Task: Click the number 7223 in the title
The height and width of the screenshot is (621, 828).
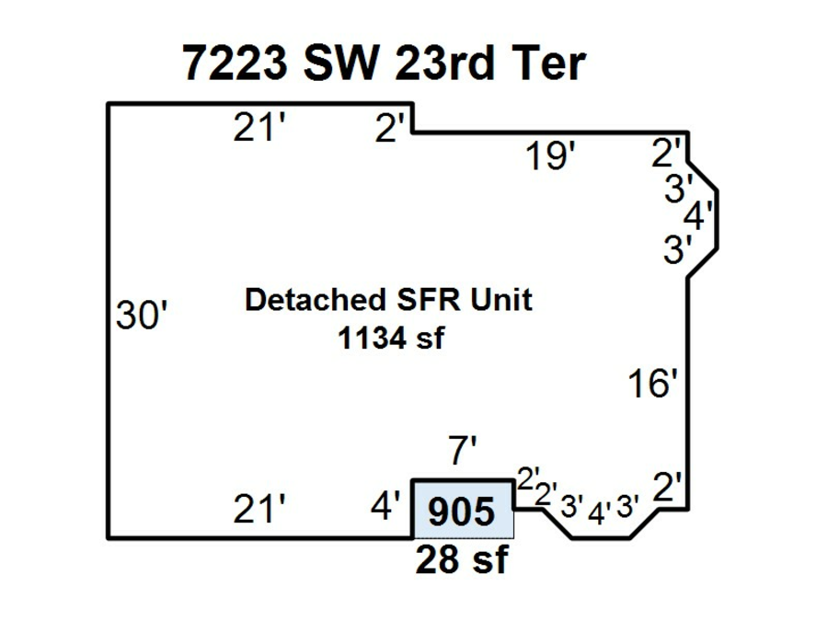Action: [x=236, y=63]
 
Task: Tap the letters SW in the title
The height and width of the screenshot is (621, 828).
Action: [x=341, y=63]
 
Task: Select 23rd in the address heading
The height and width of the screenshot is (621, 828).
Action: [x=444, y=63]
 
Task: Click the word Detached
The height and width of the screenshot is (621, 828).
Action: [x=316, y=299]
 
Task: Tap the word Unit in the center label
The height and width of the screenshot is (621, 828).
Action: [x=501, y=299]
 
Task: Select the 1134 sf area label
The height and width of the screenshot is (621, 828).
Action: [x=391, y=338]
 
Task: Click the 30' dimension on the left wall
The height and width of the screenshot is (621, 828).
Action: [x=142, y=316]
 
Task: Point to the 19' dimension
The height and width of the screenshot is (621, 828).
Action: [x=550, y=155]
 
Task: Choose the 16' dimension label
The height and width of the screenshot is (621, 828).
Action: [x=652, y=383]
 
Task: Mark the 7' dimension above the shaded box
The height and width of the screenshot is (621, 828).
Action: [x=462, y=450]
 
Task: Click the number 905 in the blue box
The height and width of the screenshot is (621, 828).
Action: [x=462, y=512]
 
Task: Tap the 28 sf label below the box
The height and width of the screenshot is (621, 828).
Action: [x=462, y=559]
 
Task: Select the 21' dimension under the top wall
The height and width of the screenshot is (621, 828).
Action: [x=259, y=127]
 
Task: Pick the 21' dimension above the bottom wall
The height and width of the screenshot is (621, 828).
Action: [x=259, y=509]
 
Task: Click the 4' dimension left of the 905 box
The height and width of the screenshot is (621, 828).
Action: [x=385, y=505]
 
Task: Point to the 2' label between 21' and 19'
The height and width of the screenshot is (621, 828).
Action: [x=390, y=127]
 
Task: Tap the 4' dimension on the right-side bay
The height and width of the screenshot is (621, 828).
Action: [x=698, y=215]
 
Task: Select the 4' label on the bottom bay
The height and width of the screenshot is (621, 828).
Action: [x=599, y=512]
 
